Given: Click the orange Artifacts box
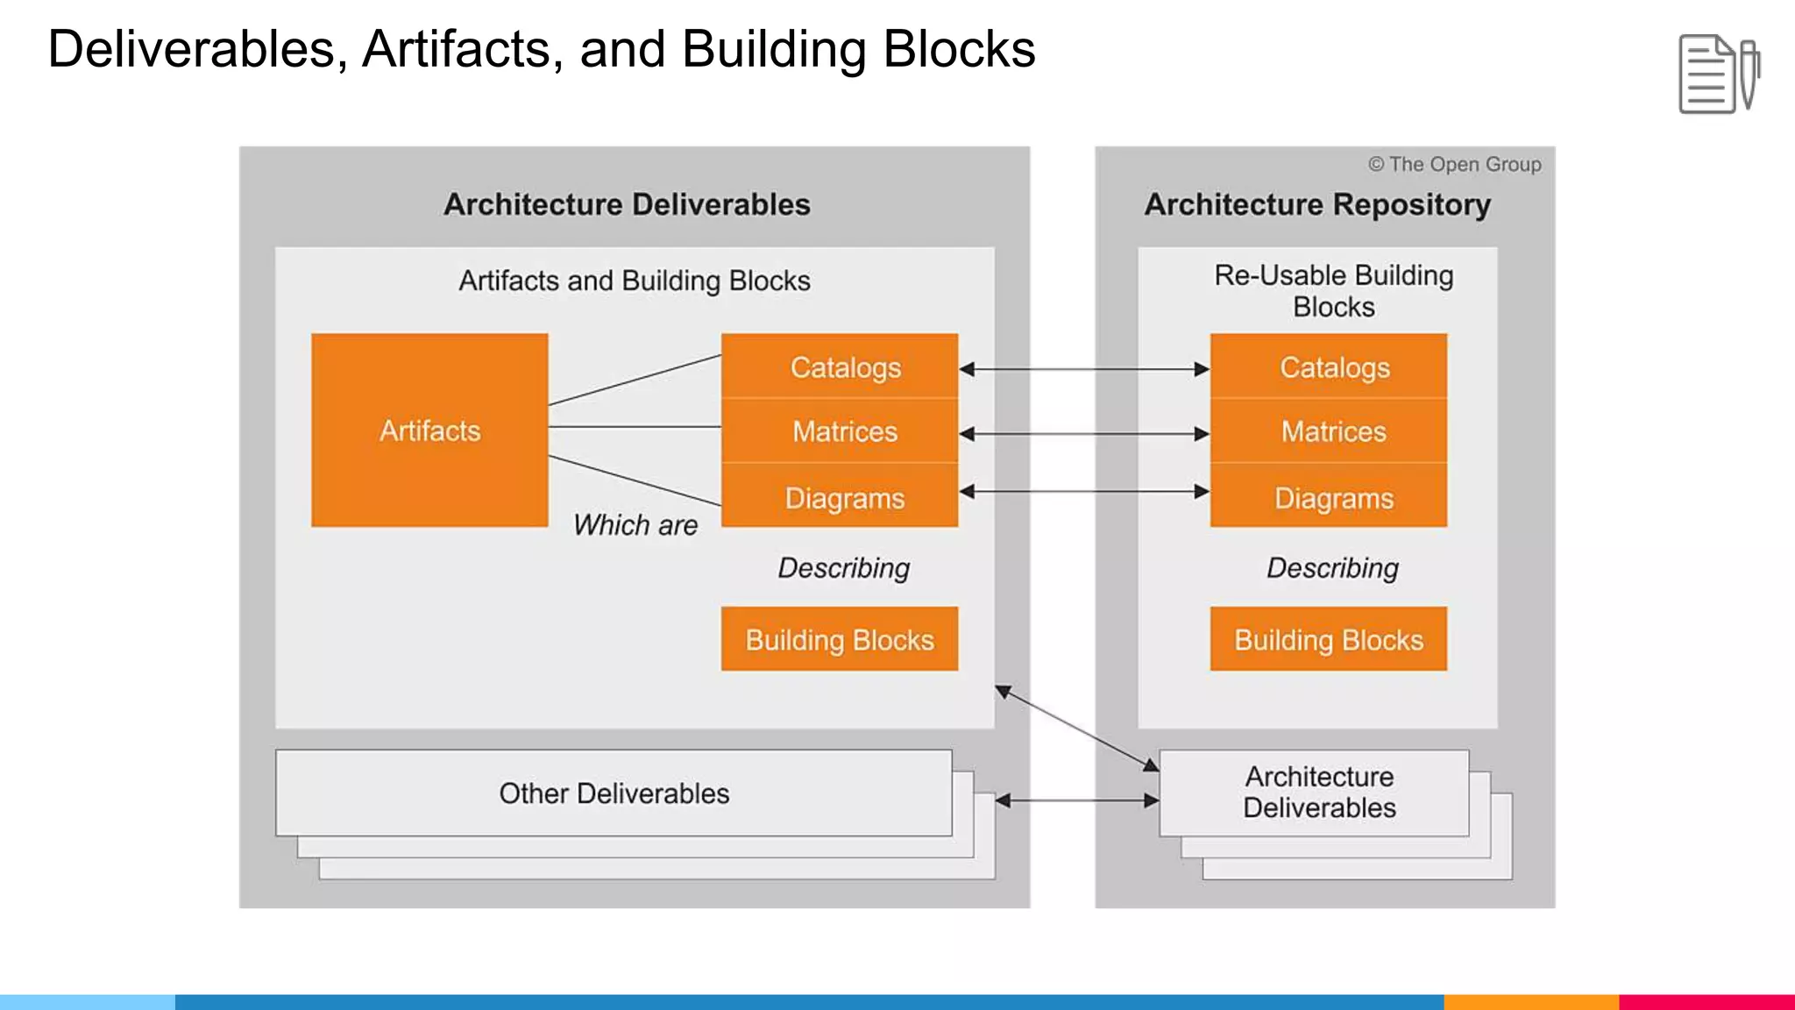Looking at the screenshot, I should pyautogui.click(x=429, y=430).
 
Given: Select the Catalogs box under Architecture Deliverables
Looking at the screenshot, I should pyautogui.click(x=840, y=366).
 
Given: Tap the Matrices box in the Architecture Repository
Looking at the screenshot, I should pyautogui.click(x=1329, y=431).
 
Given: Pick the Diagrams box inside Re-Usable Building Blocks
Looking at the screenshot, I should pyautogui.click(x=1329, y=497).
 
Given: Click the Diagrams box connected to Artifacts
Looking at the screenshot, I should pyautogui.click(x=840, y=497).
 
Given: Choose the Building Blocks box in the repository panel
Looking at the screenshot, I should pyautogui.click(x=1329, y=639).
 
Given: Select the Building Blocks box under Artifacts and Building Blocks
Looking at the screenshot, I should pyautogui.click(x=840, y=639).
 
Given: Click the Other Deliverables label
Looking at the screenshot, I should pyautogui.click(x=614, y=793).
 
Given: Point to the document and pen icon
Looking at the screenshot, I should pyautogui.click(x=1718, y=74).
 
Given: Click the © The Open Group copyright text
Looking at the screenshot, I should pyautogui.click(x=1455, y=164).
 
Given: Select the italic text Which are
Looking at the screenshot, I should pyautogui.click(x=635, y=525).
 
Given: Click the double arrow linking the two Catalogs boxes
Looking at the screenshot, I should pyautogui.click(x=1084, y=369).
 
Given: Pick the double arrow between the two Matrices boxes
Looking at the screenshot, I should pyautogui.click(x=1084, y=433).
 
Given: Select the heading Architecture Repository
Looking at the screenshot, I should pyautogui.click(x=1317, y=204).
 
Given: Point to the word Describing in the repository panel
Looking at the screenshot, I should pyautogui.click(x=1332, y=568).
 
